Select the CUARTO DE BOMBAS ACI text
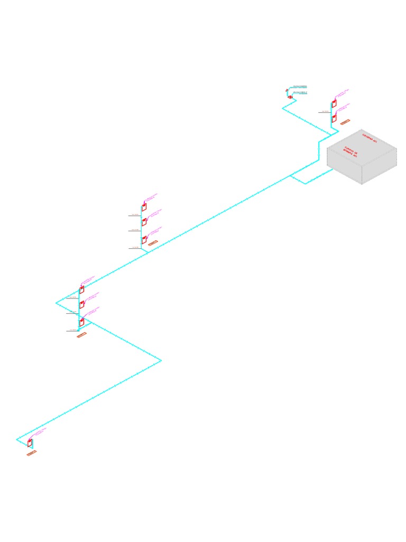pyautogui.click(x=351, y=151)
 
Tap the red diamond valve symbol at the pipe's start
pyautogui.click(x=290, y=97)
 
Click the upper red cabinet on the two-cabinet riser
pyautogui.click(x=334, y=104)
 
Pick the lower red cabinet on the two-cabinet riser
pyautogui.click(x=334, y=119)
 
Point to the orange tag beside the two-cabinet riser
pyautogui.click(x=345, y=122)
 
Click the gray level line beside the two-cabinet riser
pyautogui.click(x=324, y=112)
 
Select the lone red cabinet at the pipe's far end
pyautogui.click(x=30, y=442)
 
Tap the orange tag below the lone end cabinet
pyautogui.click(x=32, y=453)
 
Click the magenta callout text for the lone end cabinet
pyautogui.click(x=41, y=431)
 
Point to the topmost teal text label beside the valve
pyautogui.click(x=300, y=86)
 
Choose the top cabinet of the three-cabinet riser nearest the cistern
pyautogui.click(x=143, y=207)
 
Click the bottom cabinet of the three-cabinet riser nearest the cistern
pyautogui.click(x=143, y=240)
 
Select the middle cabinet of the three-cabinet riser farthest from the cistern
pyautogui.click(x=81, y=304)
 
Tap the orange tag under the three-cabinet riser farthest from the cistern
pyautogui.click(x=81, y=335)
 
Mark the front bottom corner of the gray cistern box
pyautogui.click(x=362, y=184)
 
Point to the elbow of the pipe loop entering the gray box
pyautogui.click(x=306, y=184)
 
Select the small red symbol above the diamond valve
pyautogui.click(x=286, y=91)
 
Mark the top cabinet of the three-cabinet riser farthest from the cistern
pyautogui.click(x=81, y=290)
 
